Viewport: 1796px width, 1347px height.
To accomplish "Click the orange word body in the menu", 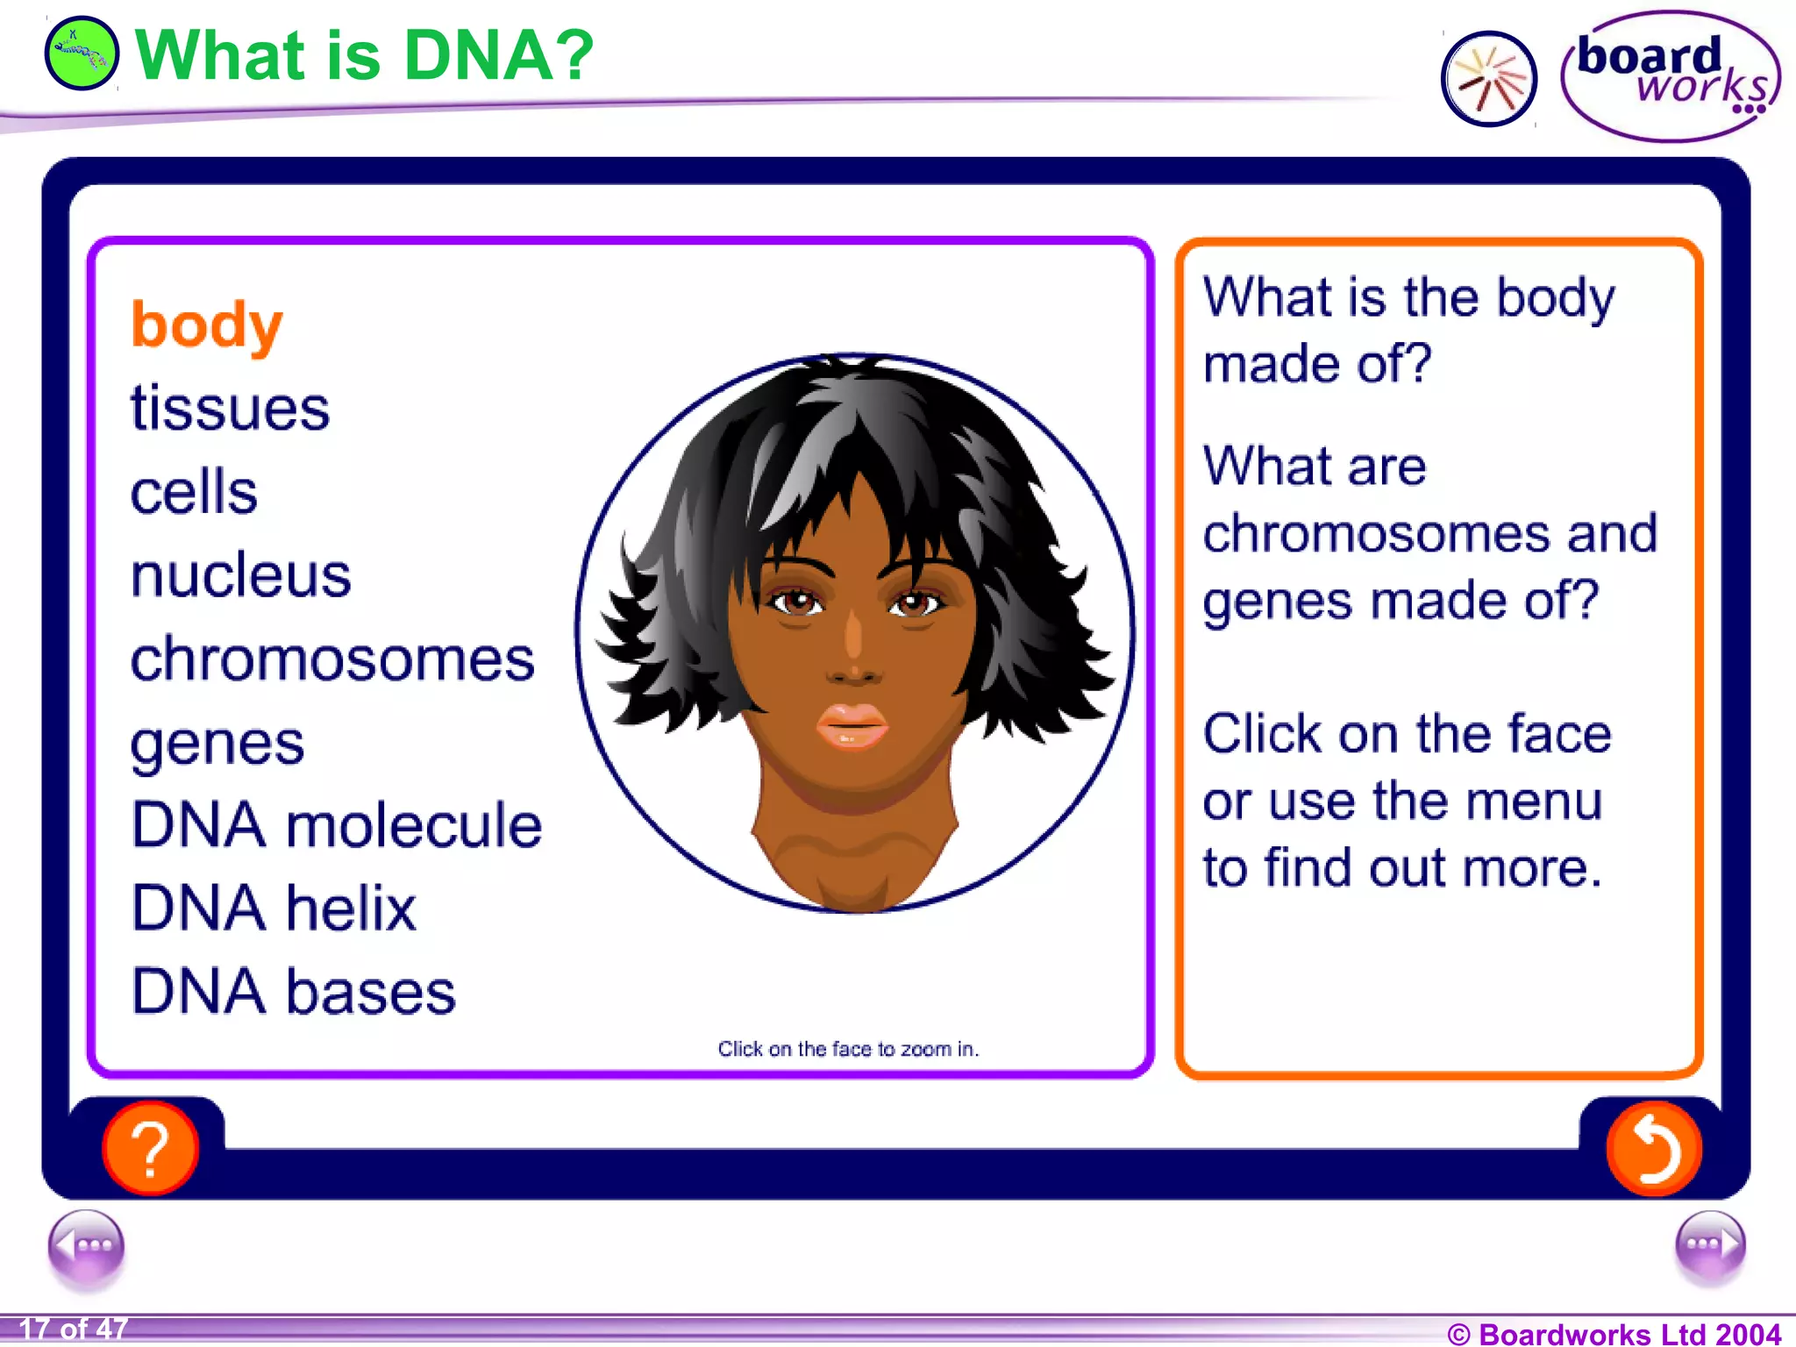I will click(206, 325).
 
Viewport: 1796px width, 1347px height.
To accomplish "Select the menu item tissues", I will click(230, 409).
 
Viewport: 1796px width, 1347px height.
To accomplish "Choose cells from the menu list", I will click(194, 492).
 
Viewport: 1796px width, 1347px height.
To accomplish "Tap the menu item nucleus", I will click(240, 576).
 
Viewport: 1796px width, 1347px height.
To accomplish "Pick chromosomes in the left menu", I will click(332, 659).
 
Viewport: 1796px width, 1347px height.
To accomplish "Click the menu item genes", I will click(217, 744).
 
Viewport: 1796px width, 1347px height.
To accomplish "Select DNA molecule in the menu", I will click(337, 825).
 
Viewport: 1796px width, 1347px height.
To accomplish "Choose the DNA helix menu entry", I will click(274, 909).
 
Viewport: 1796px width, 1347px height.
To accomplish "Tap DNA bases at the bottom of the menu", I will click(293, 992).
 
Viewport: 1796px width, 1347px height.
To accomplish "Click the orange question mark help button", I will click(151, 1148).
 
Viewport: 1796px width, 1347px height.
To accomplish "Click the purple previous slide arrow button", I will click(86, 1246).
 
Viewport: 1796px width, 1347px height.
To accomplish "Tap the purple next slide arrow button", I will click(1709, 1246).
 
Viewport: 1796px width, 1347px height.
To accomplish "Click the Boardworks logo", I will click(1670, 76).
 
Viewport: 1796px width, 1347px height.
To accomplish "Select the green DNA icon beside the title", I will click(81, 53).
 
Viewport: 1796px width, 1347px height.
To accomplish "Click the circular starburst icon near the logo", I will click(1488, 79).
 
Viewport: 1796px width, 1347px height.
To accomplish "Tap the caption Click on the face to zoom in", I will click(848, 1049).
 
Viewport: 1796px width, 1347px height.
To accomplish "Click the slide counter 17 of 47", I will click(73, 1329).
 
